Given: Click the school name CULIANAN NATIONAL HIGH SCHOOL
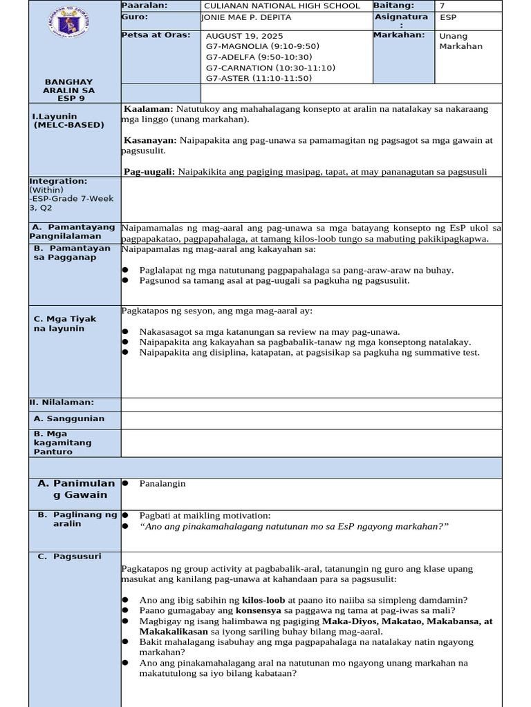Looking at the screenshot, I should pos(281,6).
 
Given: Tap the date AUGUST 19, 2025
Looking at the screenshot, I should pos(244,36).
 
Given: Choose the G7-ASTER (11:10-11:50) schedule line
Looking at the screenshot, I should pos(259,78).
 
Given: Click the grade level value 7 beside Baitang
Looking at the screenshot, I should pos(442,6).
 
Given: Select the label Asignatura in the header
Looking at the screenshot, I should pos(401,17).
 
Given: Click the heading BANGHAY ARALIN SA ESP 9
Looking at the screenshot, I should pos(68,90).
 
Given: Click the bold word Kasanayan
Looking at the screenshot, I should pos(150,140).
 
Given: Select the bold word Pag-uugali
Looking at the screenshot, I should pos(149,171).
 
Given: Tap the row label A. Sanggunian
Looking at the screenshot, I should pos(69,418).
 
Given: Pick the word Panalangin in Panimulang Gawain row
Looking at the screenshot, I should pos(162,483).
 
